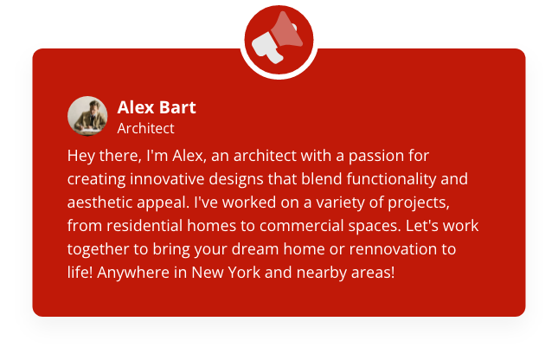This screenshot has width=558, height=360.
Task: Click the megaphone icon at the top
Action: pos(277,38)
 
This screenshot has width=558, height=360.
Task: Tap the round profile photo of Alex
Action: pos(87,116)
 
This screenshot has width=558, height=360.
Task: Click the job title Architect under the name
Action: pos(146,128)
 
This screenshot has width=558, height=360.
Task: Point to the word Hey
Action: pos(80,156)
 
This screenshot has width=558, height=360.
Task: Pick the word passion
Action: pos(381,156)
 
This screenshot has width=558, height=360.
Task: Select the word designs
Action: pos(236,179)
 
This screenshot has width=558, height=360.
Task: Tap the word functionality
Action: pos(391,179)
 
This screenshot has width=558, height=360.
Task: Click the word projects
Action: pos(419,202)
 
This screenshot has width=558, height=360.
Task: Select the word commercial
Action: pos(301,226)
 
